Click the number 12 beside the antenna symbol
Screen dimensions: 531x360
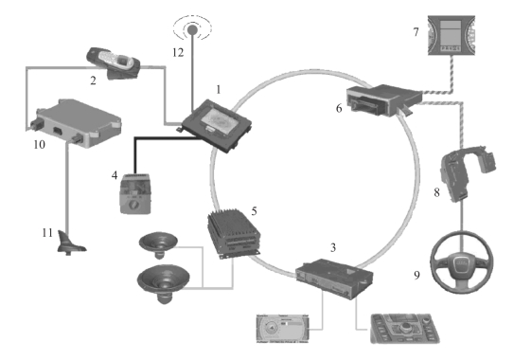[178, 52]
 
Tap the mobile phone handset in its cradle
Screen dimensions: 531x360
[114, 63]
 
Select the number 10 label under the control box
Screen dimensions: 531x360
[40, 145]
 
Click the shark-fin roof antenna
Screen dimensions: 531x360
[71, 243]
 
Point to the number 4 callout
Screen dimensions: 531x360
[115, 175]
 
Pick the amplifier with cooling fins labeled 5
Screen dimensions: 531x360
[234, 235]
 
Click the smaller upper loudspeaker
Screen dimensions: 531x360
[158, 244]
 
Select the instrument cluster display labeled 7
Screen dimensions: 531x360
[451, 35]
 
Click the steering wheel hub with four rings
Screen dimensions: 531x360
[462, 261]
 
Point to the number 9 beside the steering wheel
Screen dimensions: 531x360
[416, 275]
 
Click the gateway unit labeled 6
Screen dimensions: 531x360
[383, 100]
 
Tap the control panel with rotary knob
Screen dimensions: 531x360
[405, 328]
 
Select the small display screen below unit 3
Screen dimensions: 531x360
[282, 329]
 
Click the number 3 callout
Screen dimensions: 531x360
[333, 248]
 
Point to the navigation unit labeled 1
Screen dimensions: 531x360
[217, 125]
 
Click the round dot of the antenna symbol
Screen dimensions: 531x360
[192, 29]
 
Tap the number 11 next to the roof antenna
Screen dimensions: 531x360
[47, 233]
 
